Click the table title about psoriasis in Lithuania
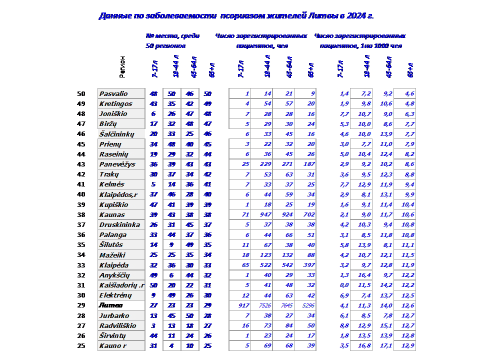(236, 16)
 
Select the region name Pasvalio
(113, 94)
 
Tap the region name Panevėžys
(117, 164)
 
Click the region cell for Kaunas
(112, 214)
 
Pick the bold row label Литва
(108, 305)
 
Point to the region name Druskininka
(119, 224)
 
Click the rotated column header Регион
(122, 66)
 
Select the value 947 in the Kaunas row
(265, 214)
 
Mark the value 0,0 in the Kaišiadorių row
(344, 285)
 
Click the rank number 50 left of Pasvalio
(81, 94)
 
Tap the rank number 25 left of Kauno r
(81, 345)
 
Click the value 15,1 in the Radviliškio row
(386, 325)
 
